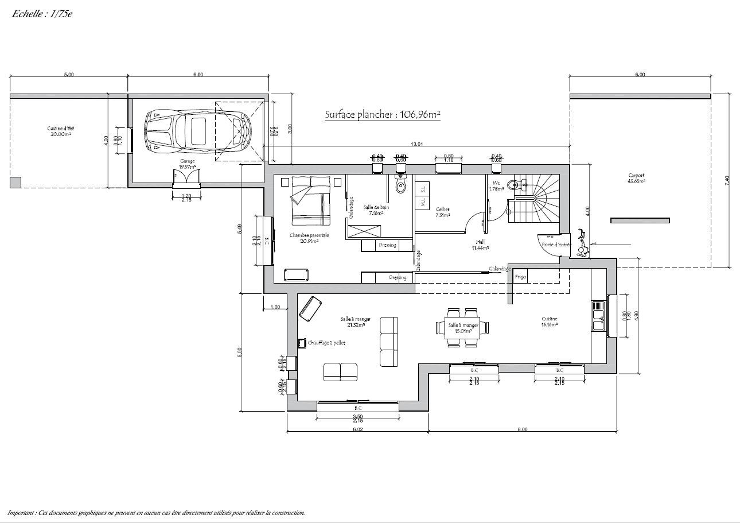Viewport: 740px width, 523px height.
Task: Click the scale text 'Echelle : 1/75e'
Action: (x=42, y=14)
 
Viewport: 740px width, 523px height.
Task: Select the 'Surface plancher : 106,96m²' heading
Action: (x=382, y=114)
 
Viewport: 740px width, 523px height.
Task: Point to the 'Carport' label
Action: (x=636, y=177)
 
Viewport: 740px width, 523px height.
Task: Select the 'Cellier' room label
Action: (x=442, y=209)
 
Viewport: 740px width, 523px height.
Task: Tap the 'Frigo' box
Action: (x=520, y=277)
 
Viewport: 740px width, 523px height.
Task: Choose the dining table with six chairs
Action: (x=463, y=328)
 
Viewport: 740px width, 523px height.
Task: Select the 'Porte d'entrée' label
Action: (x=556, y=244)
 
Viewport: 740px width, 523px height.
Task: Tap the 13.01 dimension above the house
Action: (x=417, y=144)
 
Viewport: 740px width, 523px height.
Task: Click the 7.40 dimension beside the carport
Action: (x=727, y=180)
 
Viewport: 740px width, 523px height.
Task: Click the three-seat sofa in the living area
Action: (x=389, y=342)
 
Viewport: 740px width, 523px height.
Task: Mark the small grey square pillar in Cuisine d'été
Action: (x=15, y=183)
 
